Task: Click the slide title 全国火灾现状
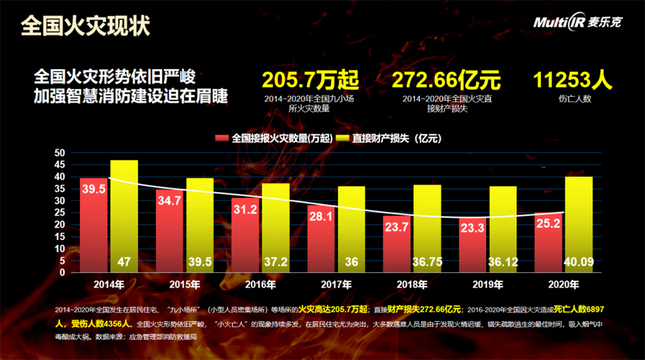pos(86,26)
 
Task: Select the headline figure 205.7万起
pos(310,80)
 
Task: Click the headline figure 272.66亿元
pos(446,80)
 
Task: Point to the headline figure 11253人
pos(573,80)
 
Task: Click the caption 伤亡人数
pos(575,99)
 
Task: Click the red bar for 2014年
pos(94,226)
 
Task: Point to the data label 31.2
pos(245,209)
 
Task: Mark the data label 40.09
pos(579,262)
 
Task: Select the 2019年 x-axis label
pos(488,286)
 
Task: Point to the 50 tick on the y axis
pos(60,152)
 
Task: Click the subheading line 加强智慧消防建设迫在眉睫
pos(131,96)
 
